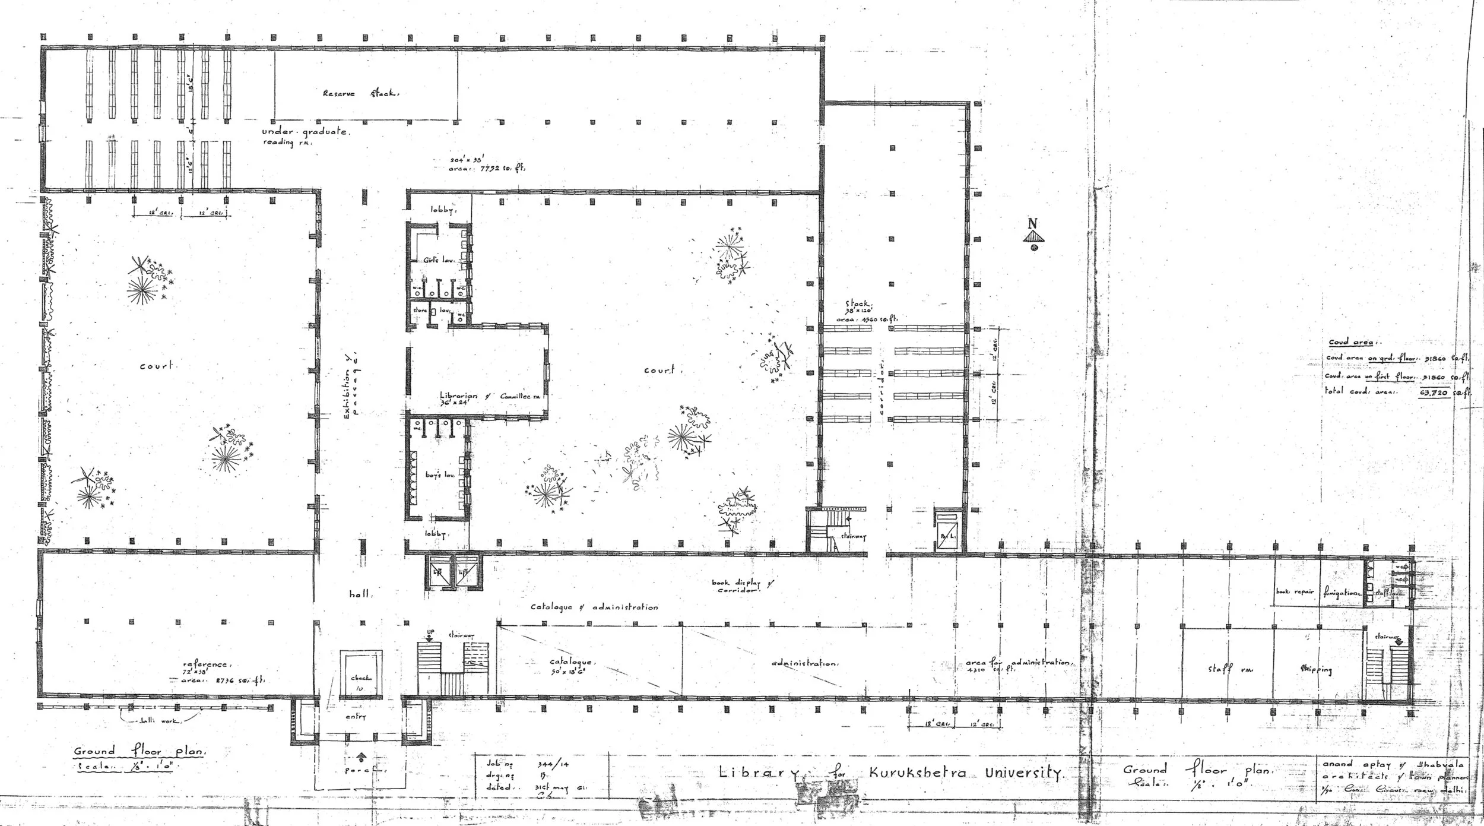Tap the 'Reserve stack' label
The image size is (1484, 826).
tap(361, 93)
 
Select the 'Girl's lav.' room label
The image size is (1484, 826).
tap(439, 260)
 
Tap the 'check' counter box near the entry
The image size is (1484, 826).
tap(360, 678)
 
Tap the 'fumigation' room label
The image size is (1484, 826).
tap(1339, 593)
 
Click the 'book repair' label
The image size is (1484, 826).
tap(1294, 592)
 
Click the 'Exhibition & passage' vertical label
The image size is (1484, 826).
tap(351, 386)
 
